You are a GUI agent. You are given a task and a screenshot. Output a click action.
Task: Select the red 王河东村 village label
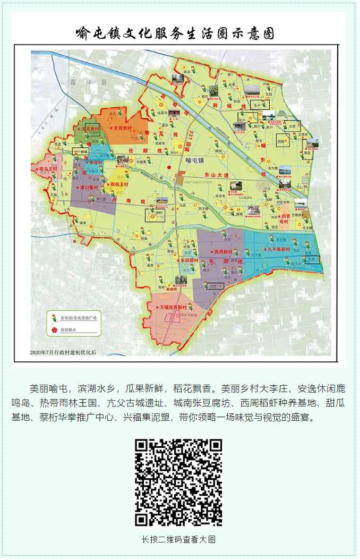click(124, 129)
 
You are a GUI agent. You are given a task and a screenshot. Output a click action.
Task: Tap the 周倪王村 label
click(119, 184)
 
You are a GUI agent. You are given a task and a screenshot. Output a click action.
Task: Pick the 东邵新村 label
click(187, 261)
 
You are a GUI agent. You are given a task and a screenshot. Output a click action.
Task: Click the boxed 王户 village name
click(259, 105)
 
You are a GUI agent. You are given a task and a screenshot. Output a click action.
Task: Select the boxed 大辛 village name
click(292, 126)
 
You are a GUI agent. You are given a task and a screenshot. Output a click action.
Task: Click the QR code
click(178, 482)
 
